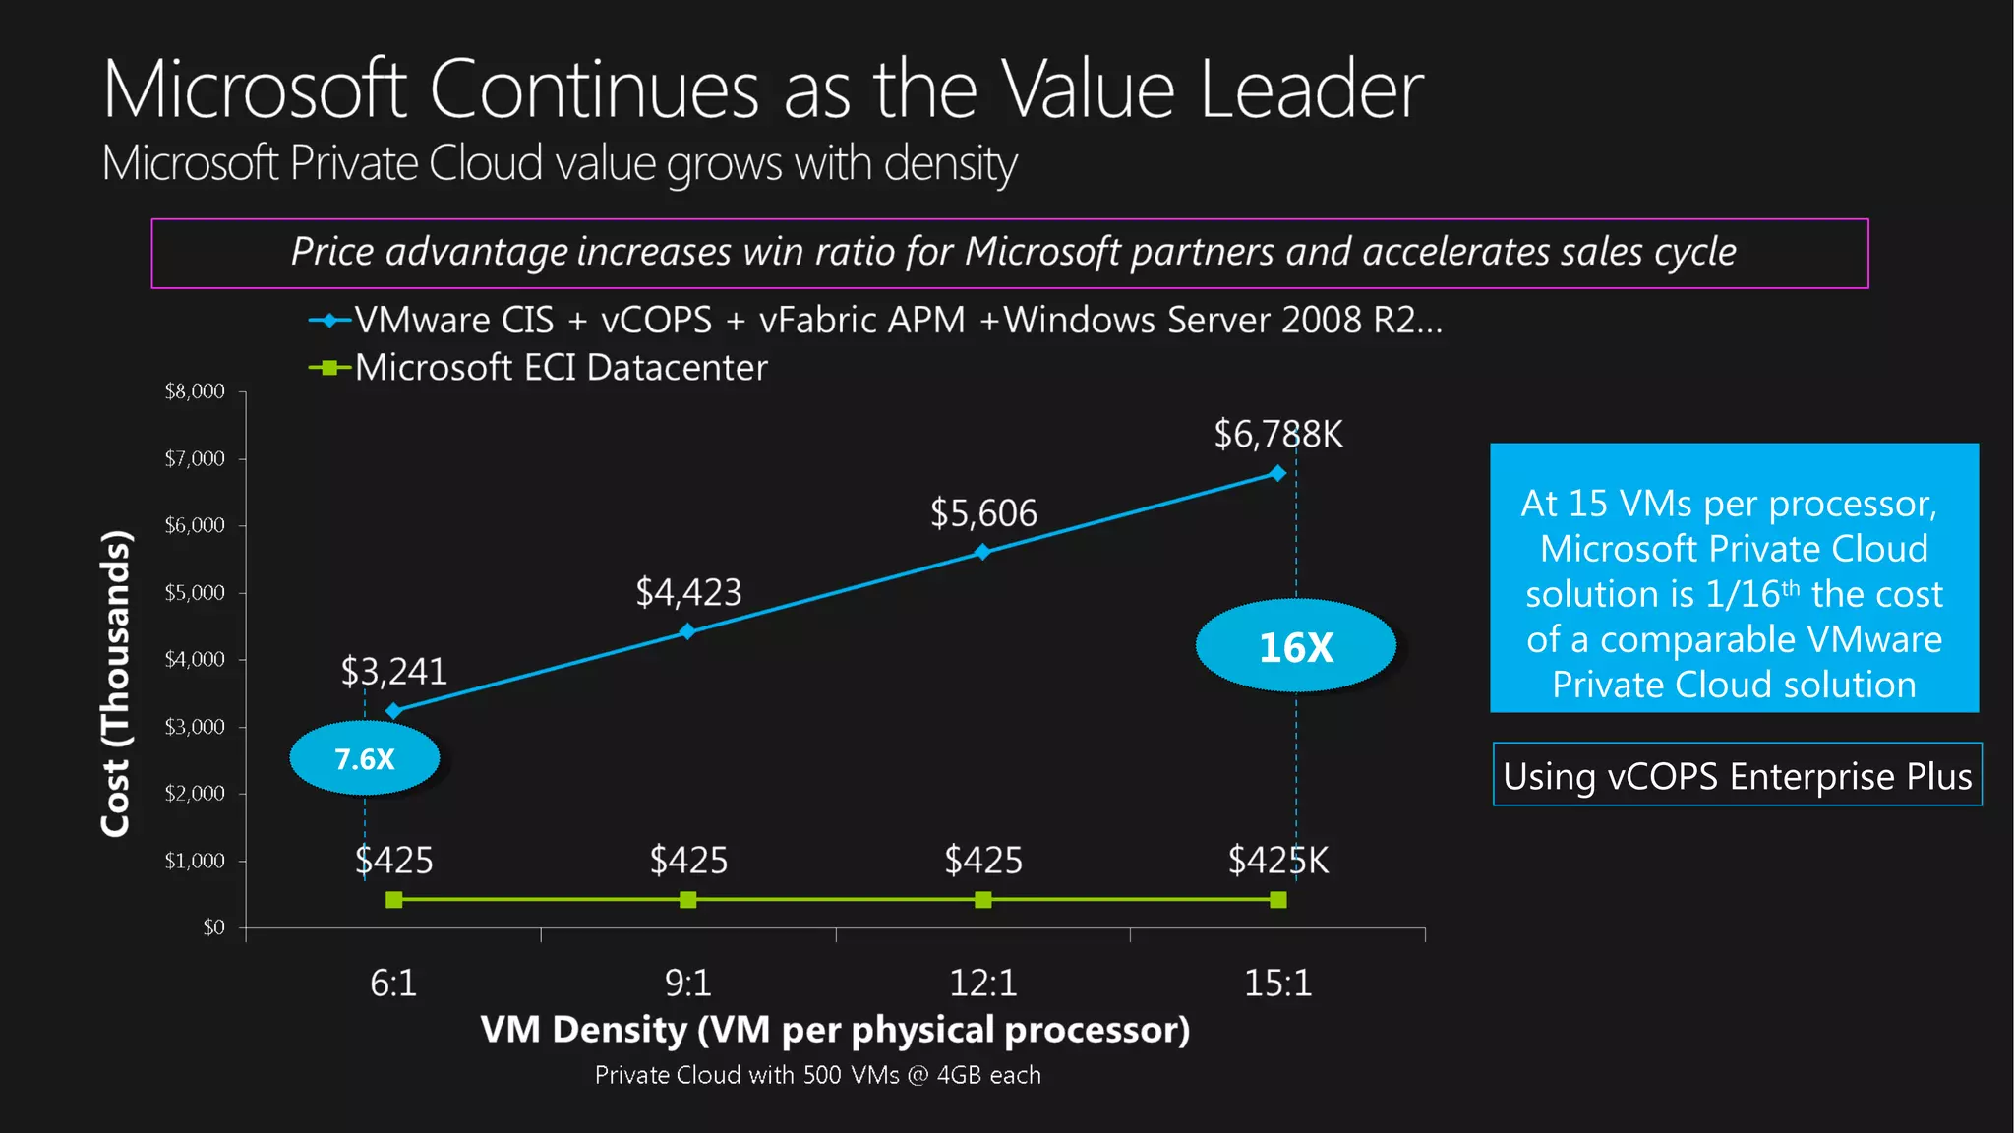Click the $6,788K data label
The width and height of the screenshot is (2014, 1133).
pos(1277,434)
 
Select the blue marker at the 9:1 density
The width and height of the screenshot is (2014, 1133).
pos(687,631)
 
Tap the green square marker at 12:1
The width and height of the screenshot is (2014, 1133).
pos(982,900)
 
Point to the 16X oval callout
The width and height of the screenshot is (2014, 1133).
pos(1295,646)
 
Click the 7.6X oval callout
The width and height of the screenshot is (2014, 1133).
pos(365,758)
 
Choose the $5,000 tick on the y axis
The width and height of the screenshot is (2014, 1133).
pos(195,592)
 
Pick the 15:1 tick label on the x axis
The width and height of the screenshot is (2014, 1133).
pos(1277,983)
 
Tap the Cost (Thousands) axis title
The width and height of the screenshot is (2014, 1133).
pos(116,684)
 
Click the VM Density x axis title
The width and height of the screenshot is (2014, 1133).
pos(835,1030)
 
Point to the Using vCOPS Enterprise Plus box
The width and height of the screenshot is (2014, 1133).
pos(1737,775)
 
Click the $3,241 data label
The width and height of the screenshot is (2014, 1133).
pos(393,672)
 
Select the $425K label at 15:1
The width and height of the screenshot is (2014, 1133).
pos(1277,861)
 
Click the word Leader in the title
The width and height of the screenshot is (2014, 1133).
pos(1311,89)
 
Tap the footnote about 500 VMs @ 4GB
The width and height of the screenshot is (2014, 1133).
pos(817,1075)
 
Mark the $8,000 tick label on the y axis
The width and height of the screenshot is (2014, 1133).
pos(195,391)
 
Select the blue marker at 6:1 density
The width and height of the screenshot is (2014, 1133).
pos(393,710)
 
